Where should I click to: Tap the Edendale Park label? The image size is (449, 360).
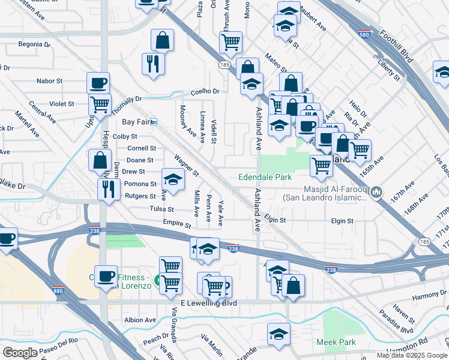coord(265,177)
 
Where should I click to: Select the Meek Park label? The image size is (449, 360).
coord(336,342)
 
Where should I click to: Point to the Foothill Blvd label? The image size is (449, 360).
coord(397,44)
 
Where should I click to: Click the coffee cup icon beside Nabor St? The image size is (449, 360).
coord(98,83)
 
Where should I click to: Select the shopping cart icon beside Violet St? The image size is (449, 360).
coord(100,104)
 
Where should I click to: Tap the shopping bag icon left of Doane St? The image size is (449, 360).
coord(100,160)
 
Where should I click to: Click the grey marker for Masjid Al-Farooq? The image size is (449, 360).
coord(376,191)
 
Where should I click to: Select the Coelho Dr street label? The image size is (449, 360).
coord(205,91)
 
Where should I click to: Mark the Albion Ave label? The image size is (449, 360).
coord(140,320)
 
